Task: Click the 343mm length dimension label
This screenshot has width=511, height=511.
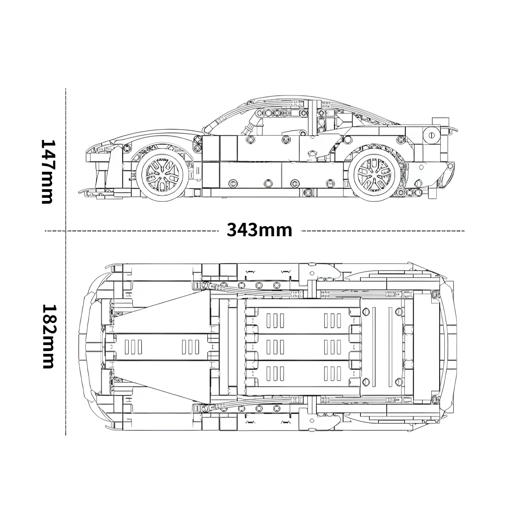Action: (259, 230)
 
